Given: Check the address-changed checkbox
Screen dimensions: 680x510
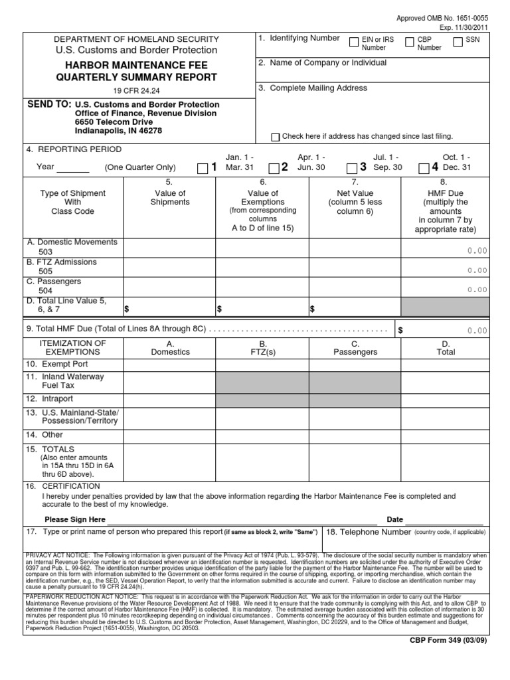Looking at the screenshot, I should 276,137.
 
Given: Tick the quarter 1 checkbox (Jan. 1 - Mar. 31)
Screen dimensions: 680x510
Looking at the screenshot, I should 203,168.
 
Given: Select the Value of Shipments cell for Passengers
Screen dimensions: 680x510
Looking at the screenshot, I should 169,286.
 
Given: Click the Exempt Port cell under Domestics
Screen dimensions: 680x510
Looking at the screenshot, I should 169,365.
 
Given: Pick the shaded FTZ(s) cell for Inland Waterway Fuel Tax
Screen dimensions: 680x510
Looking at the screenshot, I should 262,381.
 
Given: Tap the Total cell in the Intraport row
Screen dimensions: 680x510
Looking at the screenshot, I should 446,400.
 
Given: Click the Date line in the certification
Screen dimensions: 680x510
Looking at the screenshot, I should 435,519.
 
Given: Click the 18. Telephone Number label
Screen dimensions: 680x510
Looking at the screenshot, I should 369,532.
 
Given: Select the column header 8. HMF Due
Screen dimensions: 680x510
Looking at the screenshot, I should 444,193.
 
